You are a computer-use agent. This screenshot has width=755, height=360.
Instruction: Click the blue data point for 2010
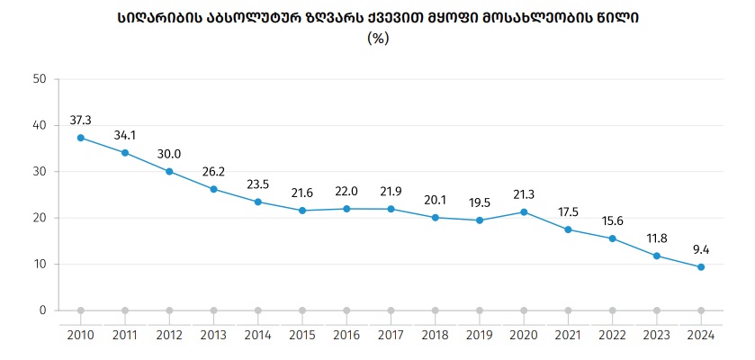(81, 138)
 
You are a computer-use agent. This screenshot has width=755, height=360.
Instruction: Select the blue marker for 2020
(524, 212)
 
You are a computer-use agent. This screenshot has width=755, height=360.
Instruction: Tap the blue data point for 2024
(701, 267)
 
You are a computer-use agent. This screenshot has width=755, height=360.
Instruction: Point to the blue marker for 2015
(302, 211)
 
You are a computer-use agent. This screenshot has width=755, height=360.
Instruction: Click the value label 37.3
(81, 120)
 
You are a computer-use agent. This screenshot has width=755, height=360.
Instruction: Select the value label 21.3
(524, 194)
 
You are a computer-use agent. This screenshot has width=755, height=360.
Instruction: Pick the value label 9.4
(701, 249)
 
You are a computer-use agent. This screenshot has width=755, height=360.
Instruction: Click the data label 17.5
(568, 211)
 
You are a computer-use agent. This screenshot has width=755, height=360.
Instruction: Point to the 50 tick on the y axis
(39, 78)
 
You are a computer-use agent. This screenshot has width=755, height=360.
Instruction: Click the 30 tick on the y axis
(39, 171)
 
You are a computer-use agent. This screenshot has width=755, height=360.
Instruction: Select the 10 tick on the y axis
(39, 264)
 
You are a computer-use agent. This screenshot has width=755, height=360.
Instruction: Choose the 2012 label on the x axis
(169, 335)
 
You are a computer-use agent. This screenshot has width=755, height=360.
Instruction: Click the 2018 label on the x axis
(435, 335)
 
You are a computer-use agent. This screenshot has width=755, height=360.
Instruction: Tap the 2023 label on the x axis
(656, 335)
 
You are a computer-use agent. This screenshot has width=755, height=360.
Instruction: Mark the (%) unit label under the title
(378, 38)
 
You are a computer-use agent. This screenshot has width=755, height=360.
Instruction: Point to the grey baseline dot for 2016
(346, 310)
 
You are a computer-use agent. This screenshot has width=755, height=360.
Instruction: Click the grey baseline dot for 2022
(612, 310)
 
